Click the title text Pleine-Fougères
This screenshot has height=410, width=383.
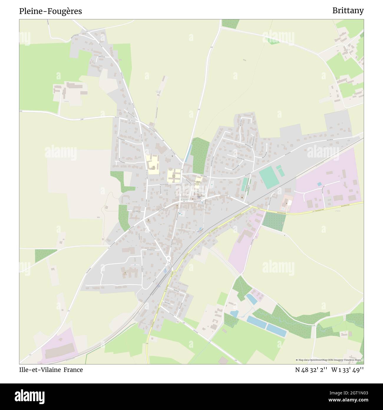pos(50,11)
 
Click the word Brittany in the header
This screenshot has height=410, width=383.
pos(348,11)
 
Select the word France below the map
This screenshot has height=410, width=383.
pos(73,370)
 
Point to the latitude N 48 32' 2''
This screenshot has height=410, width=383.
pos(311,370)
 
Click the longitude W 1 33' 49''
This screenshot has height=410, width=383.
pos(347,370)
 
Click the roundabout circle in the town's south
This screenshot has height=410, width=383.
pos(169,259)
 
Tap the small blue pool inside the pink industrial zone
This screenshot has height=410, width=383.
pos(319,184)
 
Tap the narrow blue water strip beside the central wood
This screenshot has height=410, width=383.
pos(187,154)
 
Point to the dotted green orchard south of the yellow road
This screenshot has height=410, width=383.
pos(274,221)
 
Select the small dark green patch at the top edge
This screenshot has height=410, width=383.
pos(230,24)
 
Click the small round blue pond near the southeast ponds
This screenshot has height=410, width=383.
pos(234,314)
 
